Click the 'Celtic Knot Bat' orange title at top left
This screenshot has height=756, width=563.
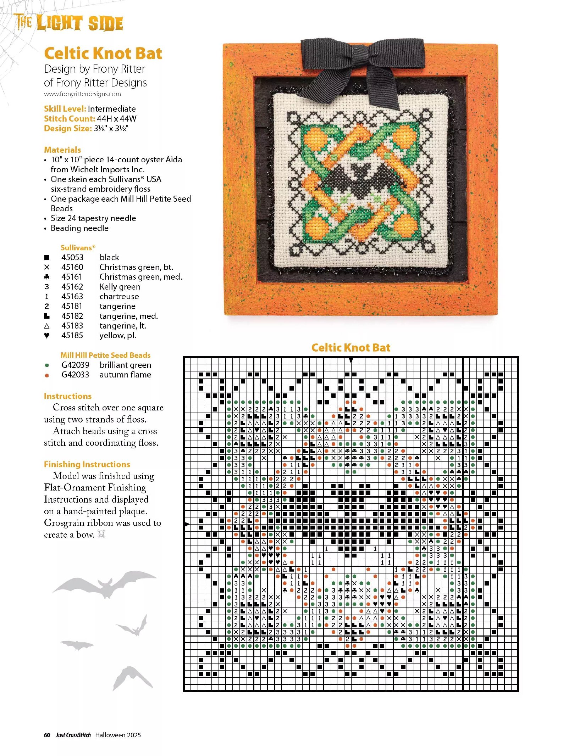click(103, 54)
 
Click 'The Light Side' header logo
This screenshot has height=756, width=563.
click(69, 23)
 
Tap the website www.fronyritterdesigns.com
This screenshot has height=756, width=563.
click(82, 94)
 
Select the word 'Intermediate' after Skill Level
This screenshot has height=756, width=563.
click(112, 109)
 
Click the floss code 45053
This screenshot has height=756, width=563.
click(72, 257)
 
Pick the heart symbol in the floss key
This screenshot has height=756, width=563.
click(47, 335)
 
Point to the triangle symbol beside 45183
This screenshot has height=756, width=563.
click(47, 326)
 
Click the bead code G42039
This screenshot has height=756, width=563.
click(75, 365)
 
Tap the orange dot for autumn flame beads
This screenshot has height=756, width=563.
click(47, 375)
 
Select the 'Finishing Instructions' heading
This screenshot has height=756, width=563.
click(87, 464)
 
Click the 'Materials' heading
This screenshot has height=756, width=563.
click(62, 150)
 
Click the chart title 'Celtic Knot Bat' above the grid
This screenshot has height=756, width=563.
click(351, 348)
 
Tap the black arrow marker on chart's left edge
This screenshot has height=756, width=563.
click(187, 524)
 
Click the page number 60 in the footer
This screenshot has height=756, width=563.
click(47, 735)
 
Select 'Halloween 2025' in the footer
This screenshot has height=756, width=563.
click(118, 735)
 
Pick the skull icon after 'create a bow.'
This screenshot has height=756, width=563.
click(101, 534)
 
